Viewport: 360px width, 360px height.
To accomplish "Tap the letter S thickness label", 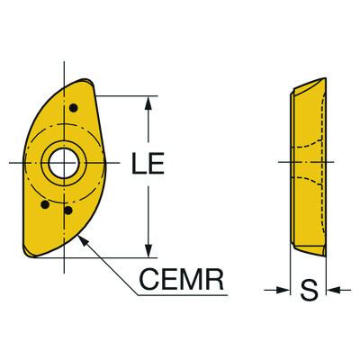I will coord(308,290).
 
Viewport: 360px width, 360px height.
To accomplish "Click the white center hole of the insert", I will coord(64,163).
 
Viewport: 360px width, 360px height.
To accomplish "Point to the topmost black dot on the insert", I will coord(73,109).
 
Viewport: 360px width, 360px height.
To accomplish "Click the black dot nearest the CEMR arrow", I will coord(68,211).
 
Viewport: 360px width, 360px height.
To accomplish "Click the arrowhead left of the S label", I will coord(282,290).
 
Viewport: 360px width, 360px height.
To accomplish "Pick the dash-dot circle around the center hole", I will coord(86,163).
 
